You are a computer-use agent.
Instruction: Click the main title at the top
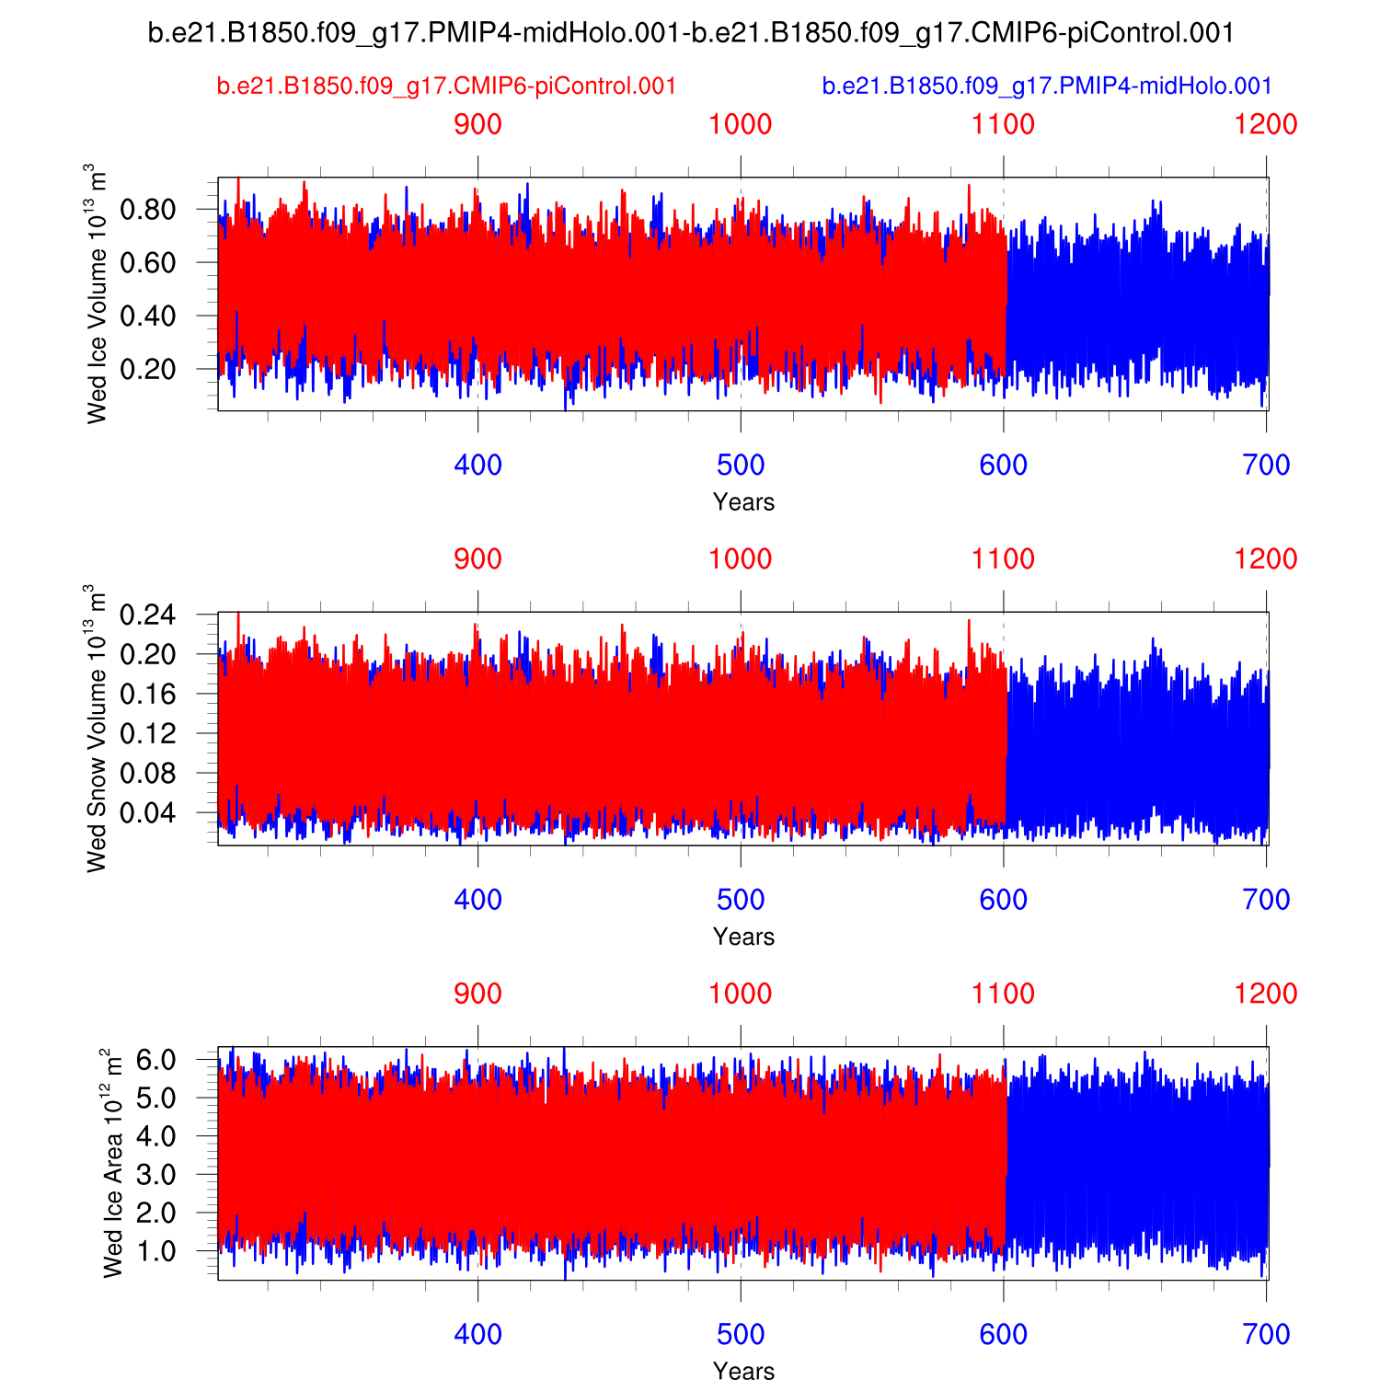pyautogui.click(x=690, y=34)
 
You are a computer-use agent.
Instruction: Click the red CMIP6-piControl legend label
pyautogui.click(x=446, y=86)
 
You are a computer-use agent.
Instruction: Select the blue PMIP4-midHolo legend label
pyautogui.click(x=1047, y=86)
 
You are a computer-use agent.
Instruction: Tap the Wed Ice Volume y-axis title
pyautogui.click(x=97, y=293)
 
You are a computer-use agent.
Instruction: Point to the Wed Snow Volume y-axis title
pyautogui.click(x=97, y=728)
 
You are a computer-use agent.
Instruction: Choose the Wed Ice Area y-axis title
pyautogui.click(x=112, y=1163)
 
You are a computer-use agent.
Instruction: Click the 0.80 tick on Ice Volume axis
pyautogui.click(x=147, y=210)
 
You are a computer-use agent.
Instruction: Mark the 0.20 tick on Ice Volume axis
pyautogui.click(x=147, y=369)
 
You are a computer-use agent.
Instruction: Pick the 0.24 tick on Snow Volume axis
pyautogui.click(x=147, y=615)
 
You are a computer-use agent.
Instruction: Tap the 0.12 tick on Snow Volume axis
pyautogui.click(x=147, y=733)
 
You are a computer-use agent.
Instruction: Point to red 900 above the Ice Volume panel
pyautogui.click(x=478, y=125)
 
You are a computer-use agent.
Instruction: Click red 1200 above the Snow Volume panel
pyautogui.click(x=1266, y=559)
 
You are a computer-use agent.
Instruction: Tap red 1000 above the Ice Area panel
pyautogui.click(x=741, y=994)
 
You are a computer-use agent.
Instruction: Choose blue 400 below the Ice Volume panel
pyautogui.click(x=478, y=466)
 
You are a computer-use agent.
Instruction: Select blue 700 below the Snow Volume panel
pyautogui.click(x=1266, y=900)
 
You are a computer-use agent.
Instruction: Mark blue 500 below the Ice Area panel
pyautogui.click(x=741, y=1334)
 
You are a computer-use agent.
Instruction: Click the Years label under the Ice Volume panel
pyautogui.click(x=743, y=502)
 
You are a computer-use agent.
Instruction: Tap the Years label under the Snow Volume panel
pyautogui.click(x=743, y=937)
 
